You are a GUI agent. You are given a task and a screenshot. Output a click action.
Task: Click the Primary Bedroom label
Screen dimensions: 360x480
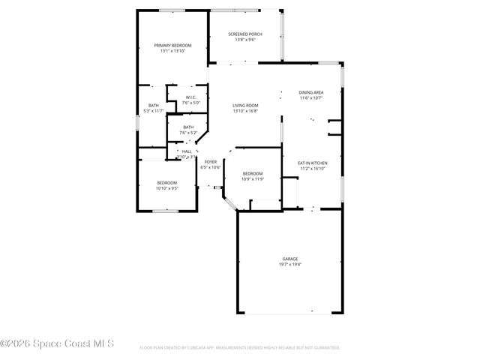(172, 46)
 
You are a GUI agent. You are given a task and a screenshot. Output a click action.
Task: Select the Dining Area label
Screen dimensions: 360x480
(311, 91)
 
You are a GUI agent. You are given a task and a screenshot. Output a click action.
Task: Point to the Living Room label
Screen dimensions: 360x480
(245, 106)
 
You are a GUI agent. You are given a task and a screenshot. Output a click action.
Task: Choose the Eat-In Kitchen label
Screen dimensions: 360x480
(313, 163)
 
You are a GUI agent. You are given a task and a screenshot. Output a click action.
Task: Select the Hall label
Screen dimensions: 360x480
(187, 151)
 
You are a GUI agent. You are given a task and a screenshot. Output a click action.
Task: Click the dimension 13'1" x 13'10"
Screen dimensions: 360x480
(172, 51)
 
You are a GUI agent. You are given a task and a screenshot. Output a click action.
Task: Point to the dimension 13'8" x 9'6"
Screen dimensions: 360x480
(245, 40)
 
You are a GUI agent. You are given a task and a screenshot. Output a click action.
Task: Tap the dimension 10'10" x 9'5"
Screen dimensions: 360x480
(166, 189)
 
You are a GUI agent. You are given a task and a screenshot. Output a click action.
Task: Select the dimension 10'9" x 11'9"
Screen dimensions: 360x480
(253, 178)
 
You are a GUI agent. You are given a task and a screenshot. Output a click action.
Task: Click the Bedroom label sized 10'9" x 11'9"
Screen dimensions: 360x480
(253, 173)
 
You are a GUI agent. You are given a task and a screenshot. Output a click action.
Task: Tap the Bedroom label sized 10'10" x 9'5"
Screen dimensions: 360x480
(166, 183)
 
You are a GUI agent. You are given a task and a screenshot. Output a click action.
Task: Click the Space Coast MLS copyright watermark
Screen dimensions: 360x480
(57, 344)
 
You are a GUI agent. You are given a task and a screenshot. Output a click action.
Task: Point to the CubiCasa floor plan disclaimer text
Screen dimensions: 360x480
(240, 348)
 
